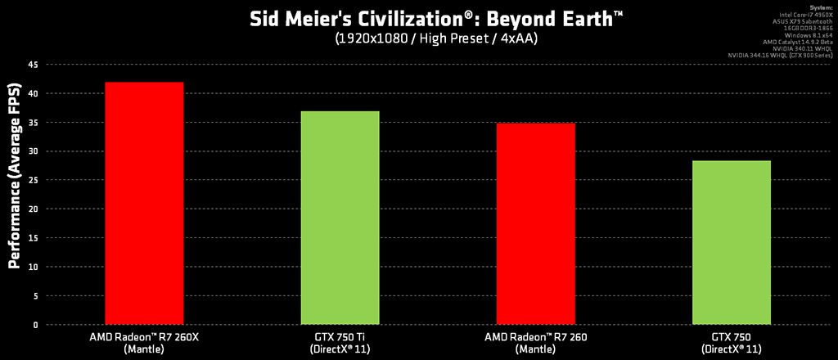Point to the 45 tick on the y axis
click(33, 65)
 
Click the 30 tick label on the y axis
click(33, 151)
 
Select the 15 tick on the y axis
click(33, 238)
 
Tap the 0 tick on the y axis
click(35, 325)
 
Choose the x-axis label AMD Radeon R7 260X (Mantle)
click(144, 342)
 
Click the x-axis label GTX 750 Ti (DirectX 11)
click(340, 342)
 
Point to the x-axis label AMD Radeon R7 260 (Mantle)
click(536, 342)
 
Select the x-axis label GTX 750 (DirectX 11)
click(732, 342)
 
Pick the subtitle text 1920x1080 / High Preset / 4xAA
click(418, 38)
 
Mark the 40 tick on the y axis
click(33, 94)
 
